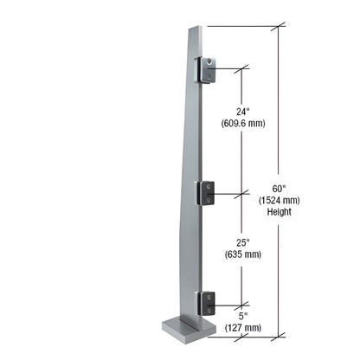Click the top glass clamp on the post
[x=209, y=72]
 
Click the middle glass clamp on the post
[x=209, y=193]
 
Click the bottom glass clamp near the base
[x=209, y=301]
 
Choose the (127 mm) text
[x=242, y=327]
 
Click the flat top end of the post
[x=194, y=27]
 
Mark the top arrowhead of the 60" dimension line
[x=278, y=30]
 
